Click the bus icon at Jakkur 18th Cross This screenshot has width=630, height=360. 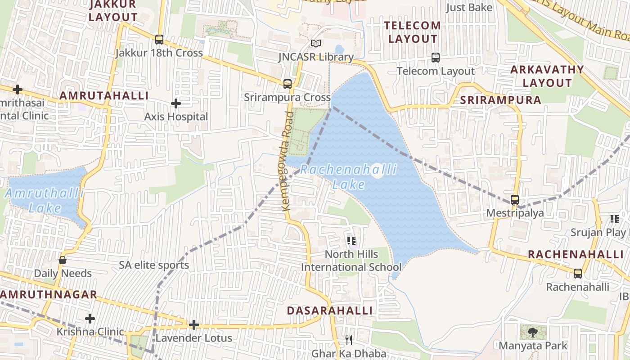tap(159, 40)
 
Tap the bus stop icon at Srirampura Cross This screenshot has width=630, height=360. tap(288, 84)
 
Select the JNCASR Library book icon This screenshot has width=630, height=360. tap(316, 44)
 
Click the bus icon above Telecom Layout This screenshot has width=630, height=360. tap(435, 58)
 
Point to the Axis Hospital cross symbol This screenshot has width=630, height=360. tap(176, 104)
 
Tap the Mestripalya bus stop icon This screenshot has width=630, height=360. tap(515, 200)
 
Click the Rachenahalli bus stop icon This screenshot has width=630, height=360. tap(578, 273)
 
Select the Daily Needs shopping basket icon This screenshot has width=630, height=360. tap(63, 260)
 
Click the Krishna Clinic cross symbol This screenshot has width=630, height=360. tap(90, 319)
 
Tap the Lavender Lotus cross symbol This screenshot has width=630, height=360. tap(194, 325)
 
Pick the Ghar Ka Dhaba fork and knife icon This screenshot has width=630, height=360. tap(349, 340)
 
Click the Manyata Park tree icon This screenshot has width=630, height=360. tap(533, 333)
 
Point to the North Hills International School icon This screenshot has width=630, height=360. tap(352, 241)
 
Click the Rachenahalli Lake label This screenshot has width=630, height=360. tap(349, 177)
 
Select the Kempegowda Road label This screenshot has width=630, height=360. tap(288, 161)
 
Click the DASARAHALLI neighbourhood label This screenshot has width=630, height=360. tap(330, 310)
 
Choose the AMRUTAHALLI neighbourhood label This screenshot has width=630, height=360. tap(104, 95)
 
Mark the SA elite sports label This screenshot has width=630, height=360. tap(154, 265)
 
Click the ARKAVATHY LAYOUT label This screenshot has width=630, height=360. tap(547, 76)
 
